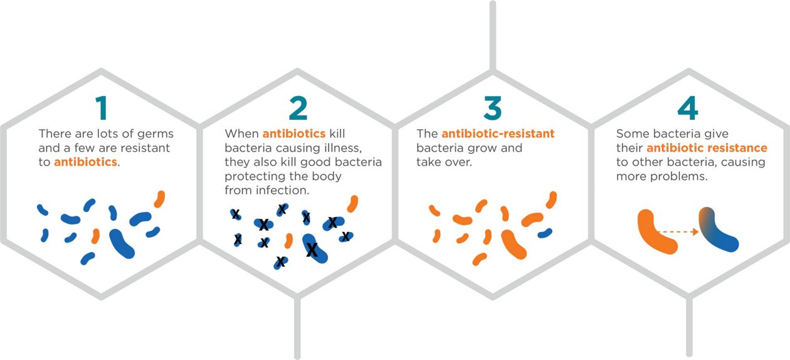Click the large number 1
(102, 108)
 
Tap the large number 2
(298, 108)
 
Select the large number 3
(493, 108)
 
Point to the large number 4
(688, 108)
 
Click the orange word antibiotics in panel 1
(85, 162)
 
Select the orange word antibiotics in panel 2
(294, 134)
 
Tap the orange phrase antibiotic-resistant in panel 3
(498, 134)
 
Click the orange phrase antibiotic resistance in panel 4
(707, 148)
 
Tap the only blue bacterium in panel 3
(545, 233)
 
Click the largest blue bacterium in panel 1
(122, 243)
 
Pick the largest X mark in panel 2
(312, 250)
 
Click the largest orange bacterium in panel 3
(513, 244)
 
